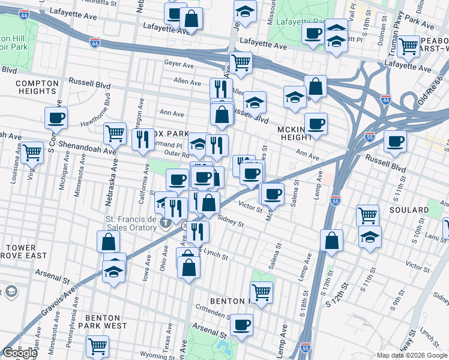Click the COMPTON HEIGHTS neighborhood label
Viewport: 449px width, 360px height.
tap(37, 86)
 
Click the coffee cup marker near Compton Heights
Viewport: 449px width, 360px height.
tap(56, 118)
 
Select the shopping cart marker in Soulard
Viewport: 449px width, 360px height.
tap(367, 215)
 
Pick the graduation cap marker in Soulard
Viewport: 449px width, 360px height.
tap(370, 237)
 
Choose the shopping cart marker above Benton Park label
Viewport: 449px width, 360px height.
tap(261, 292)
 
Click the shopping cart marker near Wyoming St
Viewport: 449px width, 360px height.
tap(97, 346)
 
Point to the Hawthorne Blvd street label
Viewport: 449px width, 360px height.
tap(96, 115)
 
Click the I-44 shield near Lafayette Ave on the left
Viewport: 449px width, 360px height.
tap(95, 43)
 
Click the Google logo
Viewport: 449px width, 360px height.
tap(19, 353)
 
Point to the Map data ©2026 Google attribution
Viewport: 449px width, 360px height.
tap(411, 355)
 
